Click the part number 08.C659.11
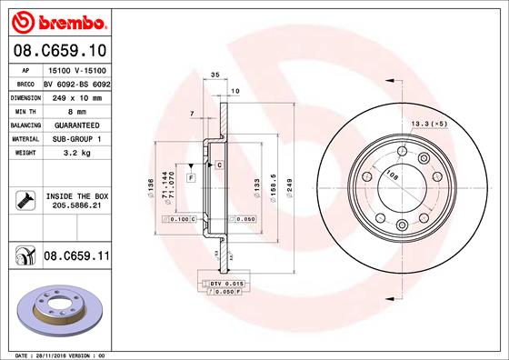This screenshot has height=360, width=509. [x=76, y=257]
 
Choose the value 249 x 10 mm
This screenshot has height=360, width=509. [x=75, y=95]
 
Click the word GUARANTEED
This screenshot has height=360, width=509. [x=75, y=124]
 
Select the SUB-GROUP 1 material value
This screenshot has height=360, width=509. [x=75, y=138]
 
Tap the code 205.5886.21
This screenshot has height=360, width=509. [x=75, y=206]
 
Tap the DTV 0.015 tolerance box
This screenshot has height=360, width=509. [x=221, y=285]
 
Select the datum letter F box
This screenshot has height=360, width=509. [x=192, y=176]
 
